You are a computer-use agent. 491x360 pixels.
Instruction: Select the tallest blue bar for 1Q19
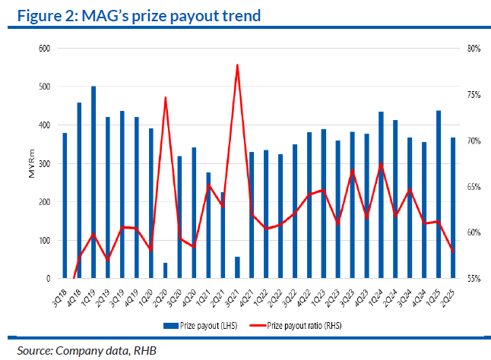93,182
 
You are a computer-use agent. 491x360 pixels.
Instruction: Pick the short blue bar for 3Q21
237,268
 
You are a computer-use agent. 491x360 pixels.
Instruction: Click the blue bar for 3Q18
65,206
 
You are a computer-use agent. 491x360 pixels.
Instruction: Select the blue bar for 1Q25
439,194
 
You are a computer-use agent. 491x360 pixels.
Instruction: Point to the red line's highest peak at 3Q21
237,65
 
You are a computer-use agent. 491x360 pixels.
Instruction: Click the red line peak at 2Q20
165,98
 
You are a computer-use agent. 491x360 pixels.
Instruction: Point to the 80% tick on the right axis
474,49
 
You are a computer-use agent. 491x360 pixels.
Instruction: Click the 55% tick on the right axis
474,279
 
